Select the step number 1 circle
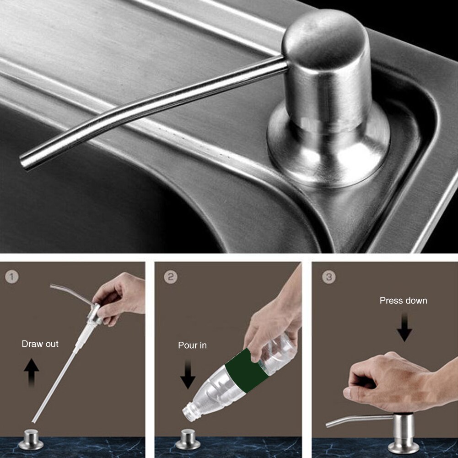(12, 277)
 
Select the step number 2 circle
(171, 277)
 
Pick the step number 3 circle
(329, 277)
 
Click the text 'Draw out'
(40, 344)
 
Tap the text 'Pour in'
(192, 345)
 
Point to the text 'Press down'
(404, 301)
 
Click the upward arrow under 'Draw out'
(31, 373)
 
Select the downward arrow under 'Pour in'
(188, 375)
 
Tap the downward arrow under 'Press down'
(404, 327)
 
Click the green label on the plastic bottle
(246, 370)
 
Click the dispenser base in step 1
(31, 439)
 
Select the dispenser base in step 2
(188, 439)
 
